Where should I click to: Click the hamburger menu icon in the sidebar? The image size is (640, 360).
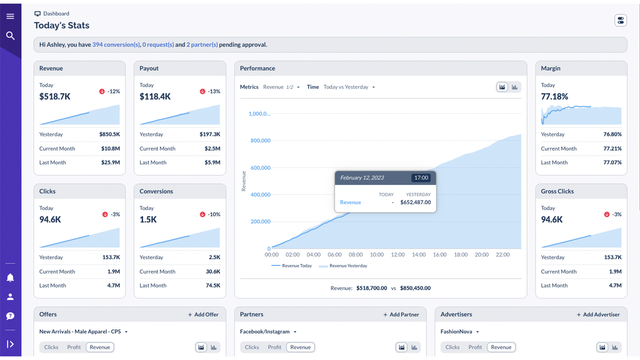pos(10,15)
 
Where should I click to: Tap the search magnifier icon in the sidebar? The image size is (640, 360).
pos(10,36)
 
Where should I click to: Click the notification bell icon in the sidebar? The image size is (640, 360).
pos(10,277)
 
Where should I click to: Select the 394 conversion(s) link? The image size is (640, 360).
pos(116,45)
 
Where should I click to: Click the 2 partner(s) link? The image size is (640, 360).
pos(203,45)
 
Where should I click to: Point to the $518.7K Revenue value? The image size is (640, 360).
pos(56,97)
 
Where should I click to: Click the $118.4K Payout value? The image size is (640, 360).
pos(155,97)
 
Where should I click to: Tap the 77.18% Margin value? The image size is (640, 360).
pos(554,97)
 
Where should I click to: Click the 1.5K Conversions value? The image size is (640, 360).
pos(148,219)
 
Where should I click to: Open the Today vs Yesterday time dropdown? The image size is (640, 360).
pos(348,87)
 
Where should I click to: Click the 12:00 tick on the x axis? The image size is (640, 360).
pos(393,255)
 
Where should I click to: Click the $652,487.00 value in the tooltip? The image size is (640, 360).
pos(410,202)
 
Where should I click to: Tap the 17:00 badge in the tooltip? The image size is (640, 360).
pos(421,177)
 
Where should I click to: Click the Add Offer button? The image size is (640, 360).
pos(204,314)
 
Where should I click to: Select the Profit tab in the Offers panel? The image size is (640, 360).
pos(74,347)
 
